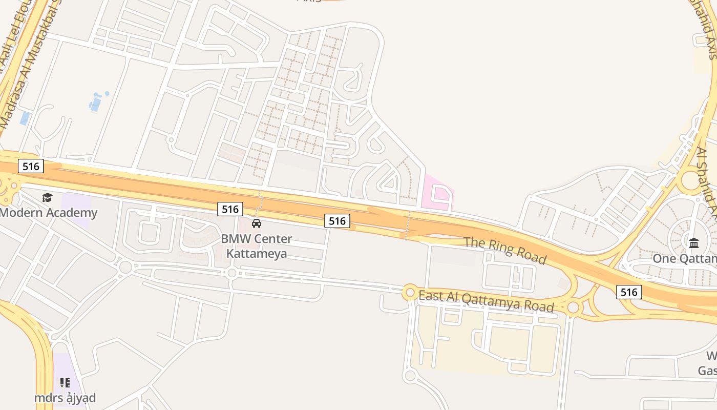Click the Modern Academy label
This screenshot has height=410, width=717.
coord(49,213)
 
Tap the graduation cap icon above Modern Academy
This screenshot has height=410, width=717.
coord(47,197)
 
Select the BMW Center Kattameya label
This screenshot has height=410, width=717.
coord(257,246)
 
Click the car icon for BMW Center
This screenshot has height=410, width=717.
coord(257,223)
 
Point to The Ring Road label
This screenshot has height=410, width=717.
coord(505,251)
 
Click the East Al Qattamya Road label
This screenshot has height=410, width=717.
coord(486,301)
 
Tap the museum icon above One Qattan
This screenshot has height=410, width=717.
coord(694,243)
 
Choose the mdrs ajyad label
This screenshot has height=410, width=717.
coord(65,398)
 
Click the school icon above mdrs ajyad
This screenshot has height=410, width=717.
coord(65,382)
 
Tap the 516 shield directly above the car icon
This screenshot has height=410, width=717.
coord(230,209)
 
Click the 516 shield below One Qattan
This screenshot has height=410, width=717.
coord(628,292)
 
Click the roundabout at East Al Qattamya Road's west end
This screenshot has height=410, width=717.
coord(409,293)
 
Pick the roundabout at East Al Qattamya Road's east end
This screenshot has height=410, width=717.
coord(574,307)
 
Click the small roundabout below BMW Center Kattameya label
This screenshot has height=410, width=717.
coord(232,273)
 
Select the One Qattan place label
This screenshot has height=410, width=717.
coord(684,259)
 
